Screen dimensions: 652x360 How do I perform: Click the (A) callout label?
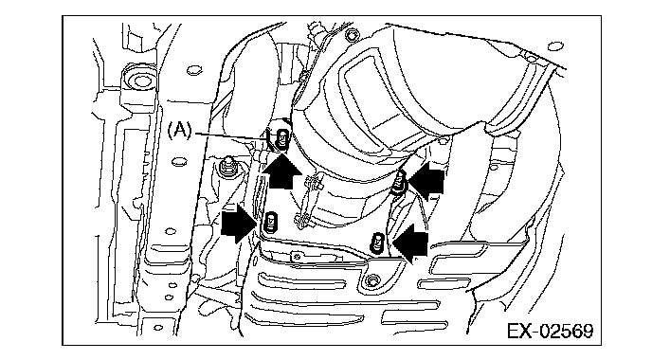[x=180, y=131]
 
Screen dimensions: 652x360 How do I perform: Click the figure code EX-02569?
[x=550, y=332]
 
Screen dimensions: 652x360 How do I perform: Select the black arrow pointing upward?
[x=282, y=171]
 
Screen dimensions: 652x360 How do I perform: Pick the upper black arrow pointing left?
[x=426, y=180]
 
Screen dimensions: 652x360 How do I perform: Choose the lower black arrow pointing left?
[x=410, y=243]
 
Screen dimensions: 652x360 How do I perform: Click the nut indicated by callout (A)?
[x=282, y=138]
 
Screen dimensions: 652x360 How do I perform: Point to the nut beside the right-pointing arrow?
[x=271, y=222]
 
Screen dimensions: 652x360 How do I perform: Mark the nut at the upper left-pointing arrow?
[x=399, y=182]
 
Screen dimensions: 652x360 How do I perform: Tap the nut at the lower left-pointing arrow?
[x=378, y=243]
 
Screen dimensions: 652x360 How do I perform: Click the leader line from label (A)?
[x=230, y=135]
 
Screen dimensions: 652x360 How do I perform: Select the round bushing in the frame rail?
[x=141, y=81]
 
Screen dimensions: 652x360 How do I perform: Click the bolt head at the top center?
[x=352, y=35]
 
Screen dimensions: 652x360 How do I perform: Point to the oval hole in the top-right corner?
[x=555, y=46]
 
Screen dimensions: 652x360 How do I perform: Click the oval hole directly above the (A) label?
[x=193, y=70]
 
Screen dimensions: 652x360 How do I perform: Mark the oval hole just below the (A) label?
[x=179, y=161]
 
